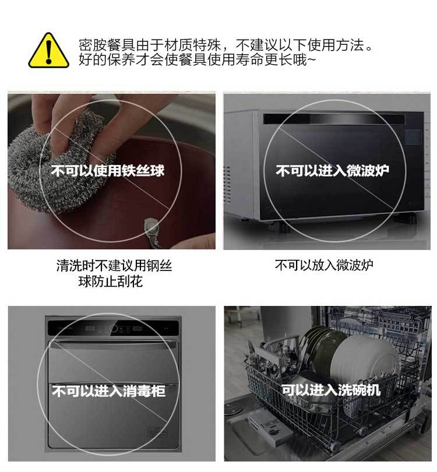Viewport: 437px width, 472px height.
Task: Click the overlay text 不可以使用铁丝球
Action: [108, 171]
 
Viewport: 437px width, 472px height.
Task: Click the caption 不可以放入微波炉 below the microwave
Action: [324, 265]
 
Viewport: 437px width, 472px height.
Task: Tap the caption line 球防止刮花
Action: [110, 282]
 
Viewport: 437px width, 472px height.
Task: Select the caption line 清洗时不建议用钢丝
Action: [114, 266]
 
